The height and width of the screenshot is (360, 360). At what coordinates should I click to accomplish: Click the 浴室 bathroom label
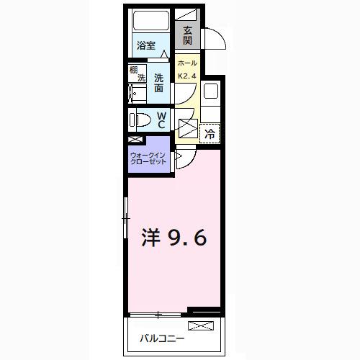(x=146, y=45)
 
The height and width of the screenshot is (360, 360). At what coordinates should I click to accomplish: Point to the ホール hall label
(x=187, y=63)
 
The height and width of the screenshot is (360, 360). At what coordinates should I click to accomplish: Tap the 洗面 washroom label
(x=158, y=82)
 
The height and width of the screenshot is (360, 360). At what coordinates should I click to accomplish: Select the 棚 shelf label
(x=133, y=70)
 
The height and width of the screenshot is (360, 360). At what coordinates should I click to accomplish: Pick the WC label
(x=161, y=120)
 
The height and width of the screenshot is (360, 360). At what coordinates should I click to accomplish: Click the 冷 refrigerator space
(x=210, y=133)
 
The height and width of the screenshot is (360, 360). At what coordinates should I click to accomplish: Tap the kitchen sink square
(x=210, y=92)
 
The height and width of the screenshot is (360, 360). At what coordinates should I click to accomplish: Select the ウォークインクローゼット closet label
(x=148, y=158)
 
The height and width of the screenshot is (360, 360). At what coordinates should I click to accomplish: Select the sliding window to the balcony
(x=158, y=315)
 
